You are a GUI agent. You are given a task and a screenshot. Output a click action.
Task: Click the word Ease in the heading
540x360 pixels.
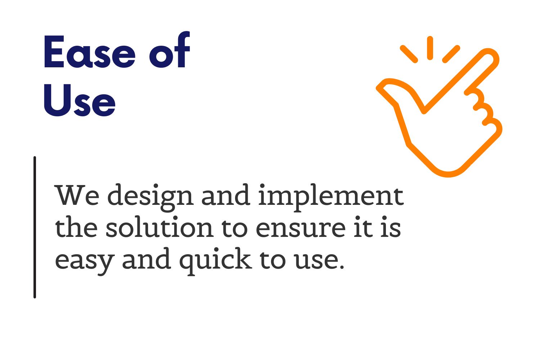[x=89, y=52]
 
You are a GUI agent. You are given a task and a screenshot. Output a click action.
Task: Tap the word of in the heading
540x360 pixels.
[x=170, y=49]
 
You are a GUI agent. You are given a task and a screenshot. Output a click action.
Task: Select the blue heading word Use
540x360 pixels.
[x=80, y=100]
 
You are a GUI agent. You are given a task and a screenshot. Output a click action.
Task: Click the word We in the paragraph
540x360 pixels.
[x=77, y=195]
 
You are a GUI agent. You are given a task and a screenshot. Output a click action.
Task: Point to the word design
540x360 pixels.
[x=150, y=198]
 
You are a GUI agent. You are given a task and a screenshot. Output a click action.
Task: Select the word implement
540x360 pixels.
[x=331, y=198]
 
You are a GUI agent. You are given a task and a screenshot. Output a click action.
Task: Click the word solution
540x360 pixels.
[x=159, y=227]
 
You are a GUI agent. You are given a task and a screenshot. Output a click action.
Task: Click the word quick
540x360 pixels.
[x=216, y=262]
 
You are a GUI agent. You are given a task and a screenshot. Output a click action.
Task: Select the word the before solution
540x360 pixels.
[x=76, y=227]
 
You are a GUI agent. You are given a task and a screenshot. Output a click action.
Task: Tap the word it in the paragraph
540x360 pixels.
[x=364, y=227]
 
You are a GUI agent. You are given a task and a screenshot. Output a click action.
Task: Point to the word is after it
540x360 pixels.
[x=391, y=227]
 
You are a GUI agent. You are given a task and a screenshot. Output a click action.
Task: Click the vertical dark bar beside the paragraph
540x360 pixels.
[x=35, y=227]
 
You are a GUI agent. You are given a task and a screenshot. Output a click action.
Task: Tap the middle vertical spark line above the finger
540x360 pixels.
[x=430, y=48]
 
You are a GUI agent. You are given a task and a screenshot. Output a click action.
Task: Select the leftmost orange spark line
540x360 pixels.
[x=409, y=54]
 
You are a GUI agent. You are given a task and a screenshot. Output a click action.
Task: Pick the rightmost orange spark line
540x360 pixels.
[x=451, y=54]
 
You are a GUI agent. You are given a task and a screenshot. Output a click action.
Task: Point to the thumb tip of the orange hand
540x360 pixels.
[x=381, y=87]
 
